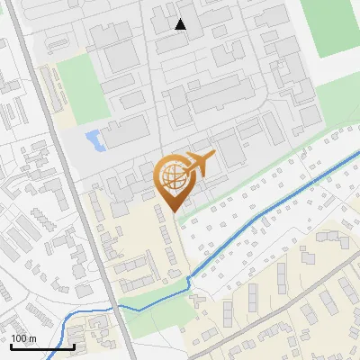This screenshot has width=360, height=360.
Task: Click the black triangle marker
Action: pyautogui.click(x=181, y=24)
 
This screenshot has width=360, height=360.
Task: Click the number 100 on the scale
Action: pyautogui.click(x=20, y=338)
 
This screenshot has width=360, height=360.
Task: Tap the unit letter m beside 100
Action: pyautogui.click(x=33, y=338)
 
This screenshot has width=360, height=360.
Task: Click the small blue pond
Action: pyautogui.click(x=93, y=139)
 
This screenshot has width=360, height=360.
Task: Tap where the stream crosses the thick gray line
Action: pyautogui.click(x=116, y=307)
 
